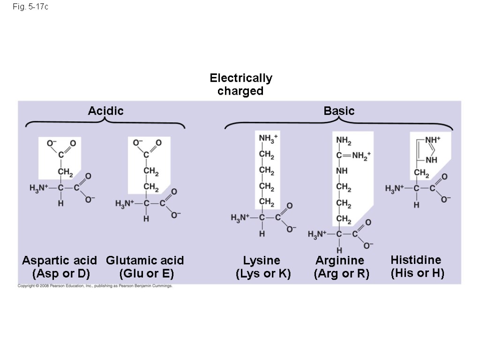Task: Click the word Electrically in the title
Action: pos(240,78)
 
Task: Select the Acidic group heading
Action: pos(106,111)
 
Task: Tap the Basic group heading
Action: pos(339,111)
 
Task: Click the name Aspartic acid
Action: pos(60,261)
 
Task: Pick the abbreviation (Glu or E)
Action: pos(147,273)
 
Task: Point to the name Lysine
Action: pos(262,261)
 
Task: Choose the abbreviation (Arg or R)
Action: pos(341,273)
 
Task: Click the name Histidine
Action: pos(416,260)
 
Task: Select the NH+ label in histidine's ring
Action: pos(434,140)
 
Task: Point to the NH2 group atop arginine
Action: pos(343,141)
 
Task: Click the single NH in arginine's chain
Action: pos(342,171)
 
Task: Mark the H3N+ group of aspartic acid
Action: pos(39,188)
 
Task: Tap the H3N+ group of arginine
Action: pos(317,234)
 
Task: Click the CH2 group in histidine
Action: pos(421,174)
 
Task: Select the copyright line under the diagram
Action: pos(95,286)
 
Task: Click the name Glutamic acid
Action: pos(145,261)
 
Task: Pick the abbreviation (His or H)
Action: pos(417,273)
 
